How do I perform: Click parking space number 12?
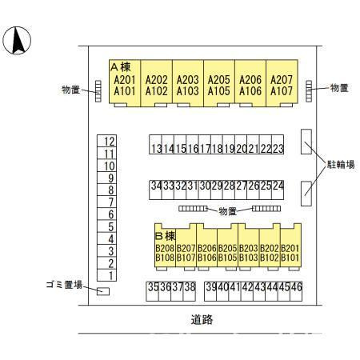tap(110, 142)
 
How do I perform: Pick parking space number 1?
tap(110, 275)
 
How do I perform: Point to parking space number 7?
tap(110, 202)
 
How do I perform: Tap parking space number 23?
tap(278, 148)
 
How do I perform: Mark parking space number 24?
tap(278, 186)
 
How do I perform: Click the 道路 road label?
tap(202, 319)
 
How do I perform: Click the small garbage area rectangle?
tap(102, 290)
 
